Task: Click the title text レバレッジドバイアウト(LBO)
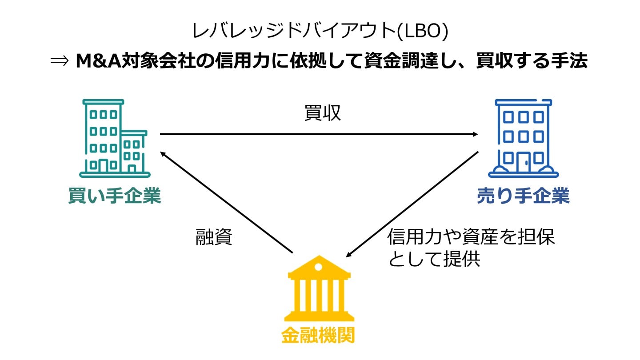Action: pyautogui.click(x=320, y=31)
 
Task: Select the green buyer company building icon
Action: pyautogui.click(x=114, y=138)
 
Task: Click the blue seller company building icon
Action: pyautogui.click(x=523, y=138)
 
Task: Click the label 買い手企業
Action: pyautogui.click(x=115, y=196)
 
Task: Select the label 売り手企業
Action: pyautogui.click(x=523, y=196)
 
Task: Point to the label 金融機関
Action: pyautogui.click(x=319, y=336)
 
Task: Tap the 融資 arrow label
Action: pyautogui.click(x=214, y=238)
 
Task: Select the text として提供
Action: pyautogui.click(x=434, y=259)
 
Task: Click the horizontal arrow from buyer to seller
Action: pyautogui.click(x=319, y=134)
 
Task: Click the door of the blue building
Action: pyautogui.click(x=523, y=159)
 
